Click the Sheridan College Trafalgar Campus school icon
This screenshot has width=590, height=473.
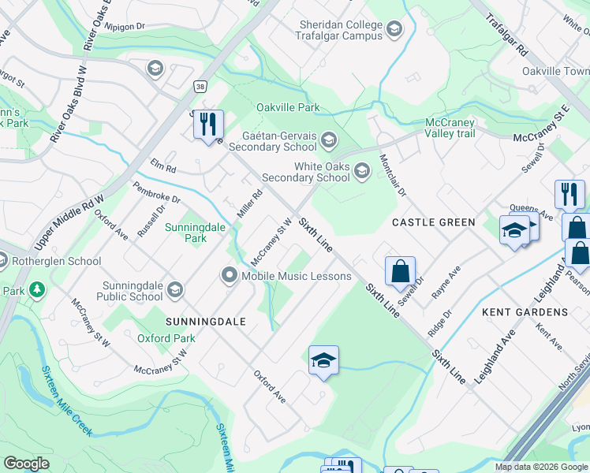394,30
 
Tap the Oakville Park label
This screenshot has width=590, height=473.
287,107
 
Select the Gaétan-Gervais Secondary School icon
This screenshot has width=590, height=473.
328,140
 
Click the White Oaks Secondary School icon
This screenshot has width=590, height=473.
362,170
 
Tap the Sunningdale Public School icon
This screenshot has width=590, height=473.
174,290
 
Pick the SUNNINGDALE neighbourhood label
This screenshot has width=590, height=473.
205,322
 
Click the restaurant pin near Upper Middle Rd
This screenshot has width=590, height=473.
208,124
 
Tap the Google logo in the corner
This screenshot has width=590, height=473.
26,463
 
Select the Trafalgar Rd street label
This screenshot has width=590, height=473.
517,39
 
